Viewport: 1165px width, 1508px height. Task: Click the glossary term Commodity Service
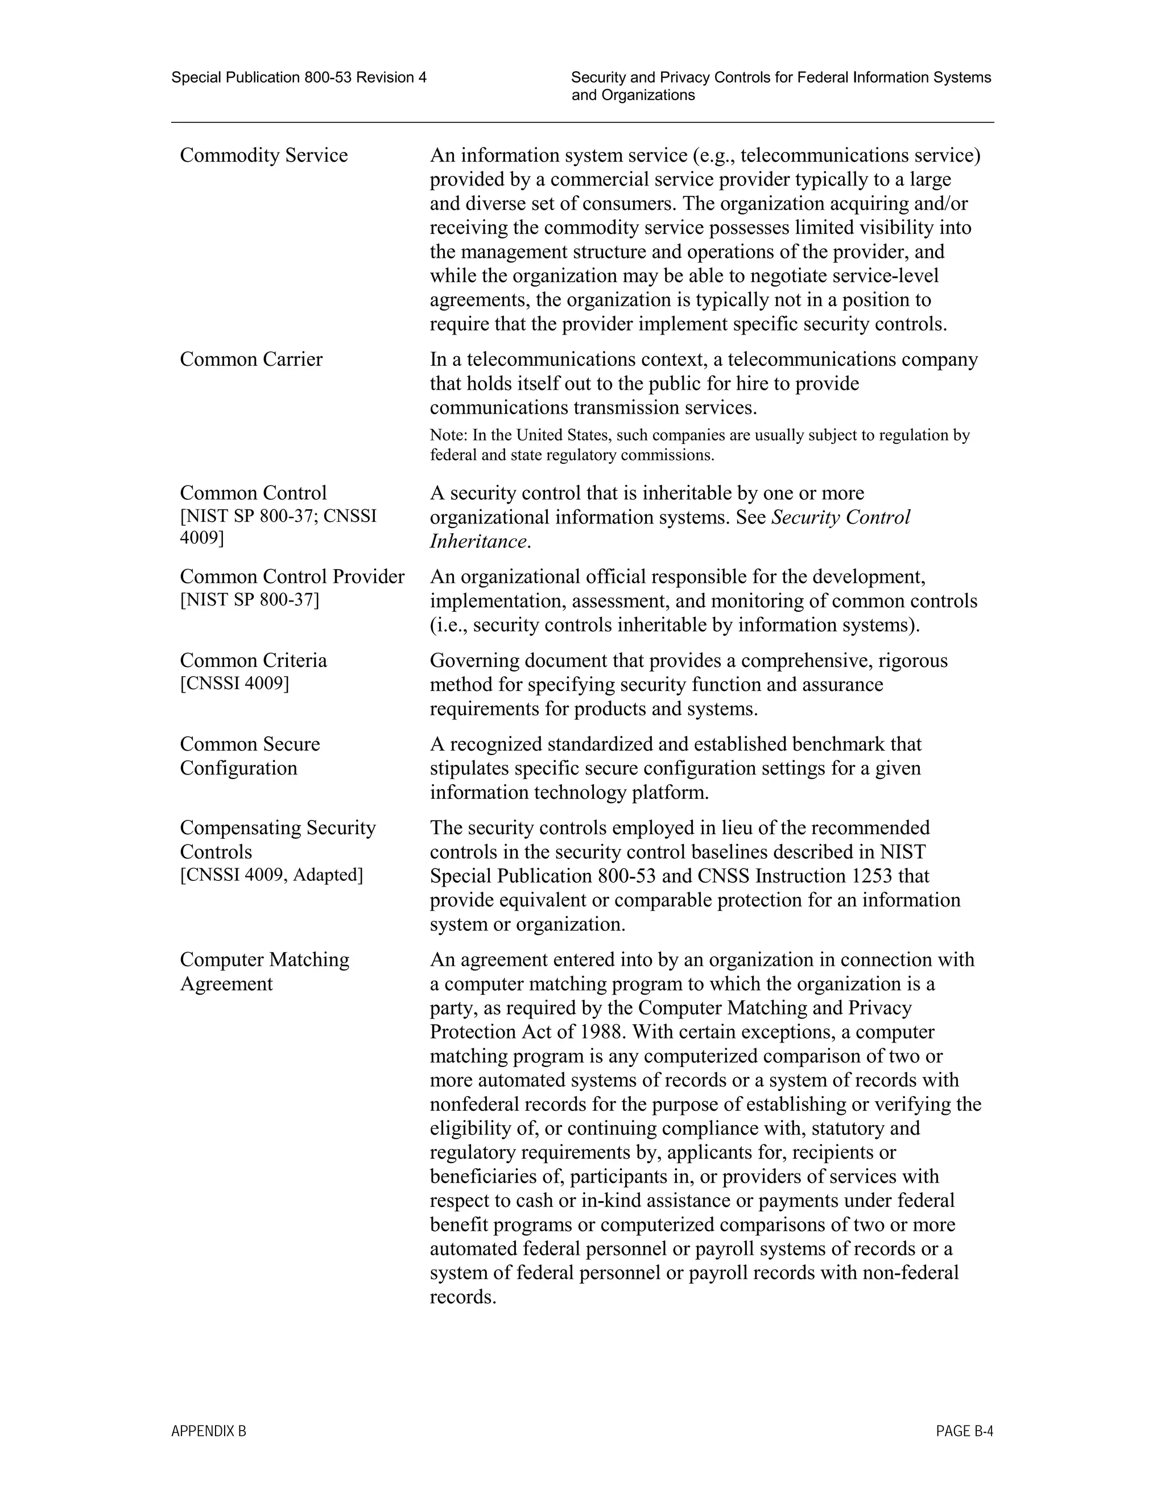tap(263, 155)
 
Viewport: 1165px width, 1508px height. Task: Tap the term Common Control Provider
tap(292, 576)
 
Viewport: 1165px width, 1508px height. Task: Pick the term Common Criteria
tap(253, 661)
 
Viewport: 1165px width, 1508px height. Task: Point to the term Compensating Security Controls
tap(278, 839)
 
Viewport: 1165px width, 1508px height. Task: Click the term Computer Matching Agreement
tap(265, 971)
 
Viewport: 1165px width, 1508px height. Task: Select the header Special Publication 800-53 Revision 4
tap(299, 78)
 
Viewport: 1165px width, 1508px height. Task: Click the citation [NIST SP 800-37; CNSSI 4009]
tap(278, 527)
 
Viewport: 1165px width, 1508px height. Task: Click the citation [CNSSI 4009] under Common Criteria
tap(235, 683)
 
